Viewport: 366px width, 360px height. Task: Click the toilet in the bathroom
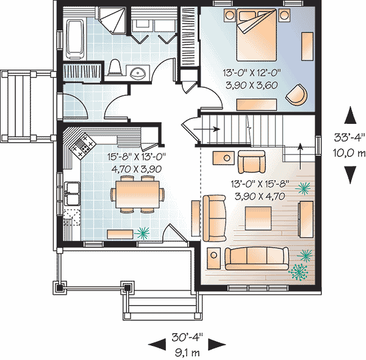click(x=114, y=68)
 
